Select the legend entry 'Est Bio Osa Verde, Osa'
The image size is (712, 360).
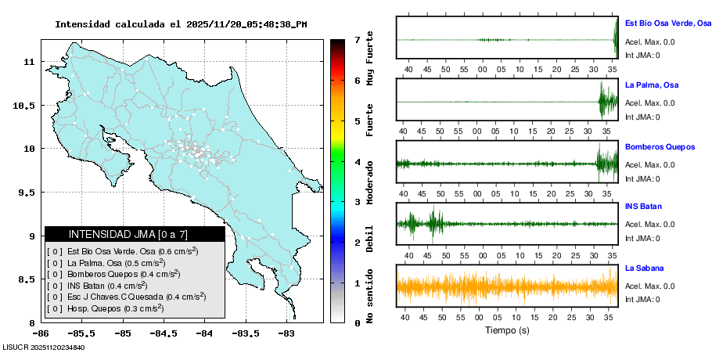[121, 251]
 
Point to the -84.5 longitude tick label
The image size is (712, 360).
[164, 333]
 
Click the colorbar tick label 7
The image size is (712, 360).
[356, 39]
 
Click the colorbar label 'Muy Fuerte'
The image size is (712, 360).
[370, 59]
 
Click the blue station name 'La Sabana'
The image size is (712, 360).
[644, 268]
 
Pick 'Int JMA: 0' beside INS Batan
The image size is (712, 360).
[642, 239]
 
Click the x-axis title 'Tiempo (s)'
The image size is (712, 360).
[507, 330]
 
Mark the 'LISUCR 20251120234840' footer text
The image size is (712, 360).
[44, 347]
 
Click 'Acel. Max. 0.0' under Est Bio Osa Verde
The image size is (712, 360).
[649, 42]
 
